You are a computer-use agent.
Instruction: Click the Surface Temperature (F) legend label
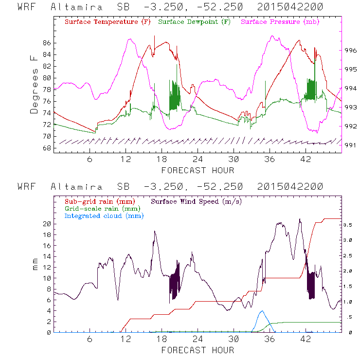[108, 22]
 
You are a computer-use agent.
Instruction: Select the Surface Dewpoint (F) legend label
[194, 22]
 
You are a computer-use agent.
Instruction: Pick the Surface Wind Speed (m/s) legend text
[197, 201]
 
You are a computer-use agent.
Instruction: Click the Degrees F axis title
[34, 84]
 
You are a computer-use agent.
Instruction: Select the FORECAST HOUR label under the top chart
[198, 170]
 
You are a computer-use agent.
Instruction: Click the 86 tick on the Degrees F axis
[47, 43]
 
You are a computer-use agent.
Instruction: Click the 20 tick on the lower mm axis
[47, 224]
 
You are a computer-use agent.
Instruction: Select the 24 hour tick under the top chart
[198, 159]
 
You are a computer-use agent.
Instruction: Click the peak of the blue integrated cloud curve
[262, 311]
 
